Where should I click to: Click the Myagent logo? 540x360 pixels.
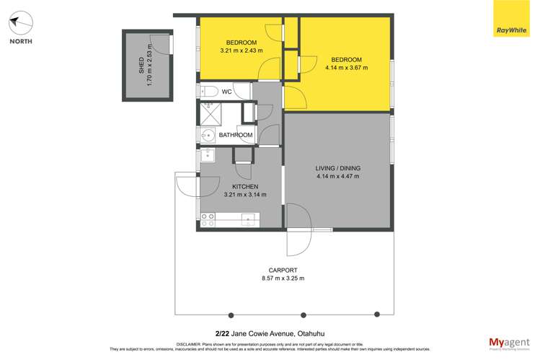[509, 343]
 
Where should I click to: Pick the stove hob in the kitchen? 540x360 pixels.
[208, 219]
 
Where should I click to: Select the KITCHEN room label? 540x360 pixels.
[245, 186]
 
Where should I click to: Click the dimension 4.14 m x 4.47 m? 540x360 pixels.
[337, 176]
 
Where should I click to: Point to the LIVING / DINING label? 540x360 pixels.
[337, 168]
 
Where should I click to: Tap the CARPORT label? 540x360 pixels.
[283, 271]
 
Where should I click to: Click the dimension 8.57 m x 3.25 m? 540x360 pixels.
[283, 279]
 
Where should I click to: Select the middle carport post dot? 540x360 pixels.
[304, 315]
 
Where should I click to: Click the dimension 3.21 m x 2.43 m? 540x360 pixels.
[242, 51]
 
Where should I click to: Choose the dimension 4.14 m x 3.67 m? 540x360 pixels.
[346, 68]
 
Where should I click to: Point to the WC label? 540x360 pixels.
[226, 92]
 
